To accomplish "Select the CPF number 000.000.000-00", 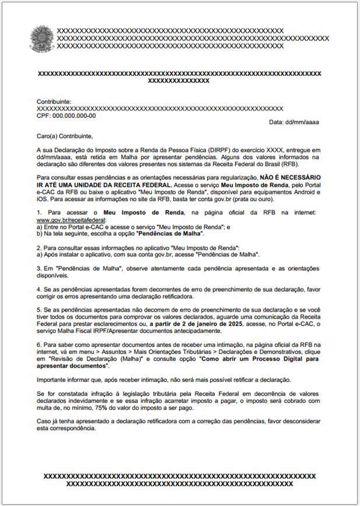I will tap(74, 116).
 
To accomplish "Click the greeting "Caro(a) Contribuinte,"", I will tap(65, 136).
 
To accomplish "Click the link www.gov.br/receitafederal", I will tap(67, 221).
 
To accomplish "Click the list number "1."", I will tap(39, 214).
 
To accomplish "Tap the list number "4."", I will tap(39, 289).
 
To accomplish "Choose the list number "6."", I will tap(39, 346).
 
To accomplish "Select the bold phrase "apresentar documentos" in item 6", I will tap(74, 367).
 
